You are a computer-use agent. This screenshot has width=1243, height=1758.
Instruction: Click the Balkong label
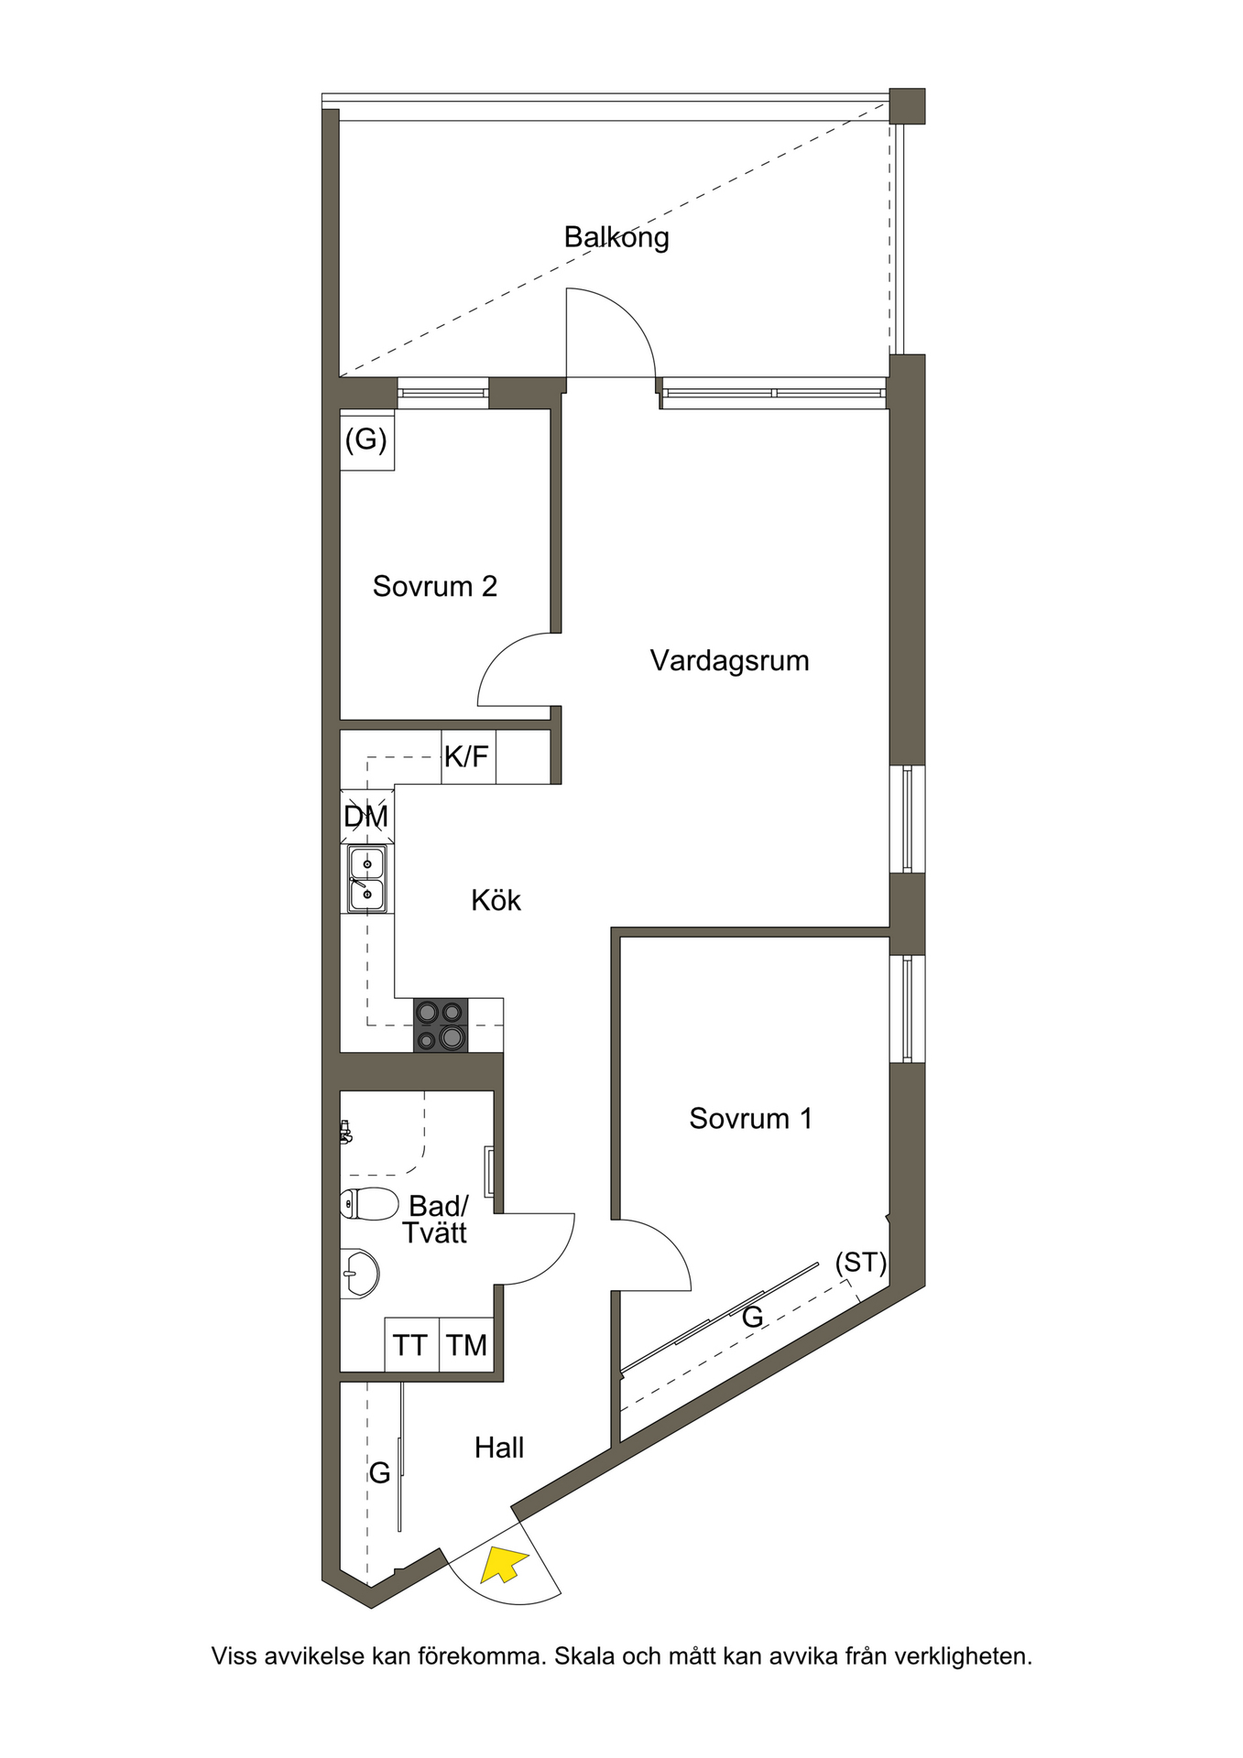[x=616, y=238]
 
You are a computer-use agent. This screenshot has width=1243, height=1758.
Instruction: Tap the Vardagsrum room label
[x=730, y=661]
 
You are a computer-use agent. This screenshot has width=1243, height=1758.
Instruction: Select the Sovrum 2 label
[x=435, y=586]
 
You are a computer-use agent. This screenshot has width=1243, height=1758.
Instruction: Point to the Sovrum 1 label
[x=751, y=1118]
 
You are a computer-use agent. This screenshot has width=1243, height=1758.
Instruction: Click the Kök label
[x=496, y=900]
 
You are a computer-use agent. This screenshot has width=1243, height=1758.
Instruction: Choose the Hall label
[x=499, y=1448]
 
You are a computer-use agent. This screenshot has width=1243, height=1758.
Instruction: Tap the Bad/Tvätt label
[x=437, y=1219]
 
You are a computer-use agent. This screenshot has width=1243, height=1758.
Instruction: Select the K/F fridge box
[x=468, y=756]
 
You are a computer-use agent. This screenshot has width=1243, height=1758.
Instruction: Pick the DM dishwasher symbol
[x=366, y=816]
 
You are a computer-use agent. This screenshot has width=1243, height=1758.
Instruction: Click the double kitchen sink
[x=366, y=879]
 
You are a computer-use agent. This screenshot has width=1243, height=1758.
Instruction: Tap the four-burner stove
[x=441, y=1025]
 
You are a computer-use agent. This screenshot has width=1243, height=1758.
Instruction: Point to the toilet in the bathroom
[x=369, y=1204]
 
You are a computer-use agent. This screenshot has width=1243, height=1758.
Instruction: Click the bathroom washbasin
[x=360, y=1274]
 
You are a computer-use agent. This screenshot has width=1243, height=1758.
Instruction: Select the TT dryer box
[x=411, y=1345]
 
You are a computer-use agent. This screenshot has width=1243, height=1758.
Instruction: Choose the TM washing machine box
[x=467, y=1345]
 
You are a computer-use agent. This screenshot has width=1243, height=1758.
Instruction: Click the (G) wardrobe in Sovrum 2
[x=367, y=440]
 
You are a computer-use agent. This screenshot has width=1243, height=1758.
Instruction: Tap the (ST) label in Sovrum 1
[x=861, y=1264]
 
